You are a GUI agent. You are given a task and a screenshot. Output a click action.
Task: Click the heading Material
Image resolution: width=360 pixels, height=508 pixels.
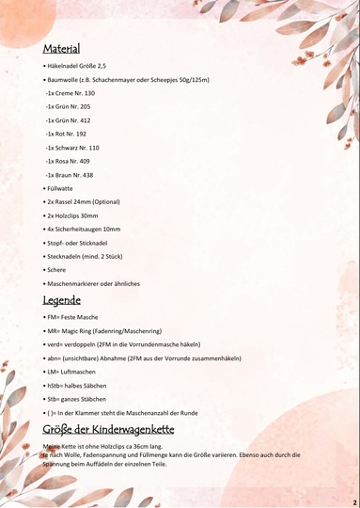click(x=61, y=48)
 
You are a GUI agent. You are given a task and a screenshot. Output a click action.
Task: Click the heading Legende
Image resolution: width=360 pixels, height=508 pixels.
click(x=61, y=301)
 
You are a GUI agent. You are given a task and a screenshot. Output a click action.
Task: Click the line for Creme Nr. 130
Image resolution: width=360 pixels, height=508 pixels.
click(x=70, y=94)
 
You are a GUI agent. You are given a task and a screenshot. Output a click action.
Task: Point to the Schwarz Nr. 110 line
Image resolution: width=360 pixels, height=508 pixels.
click(x=72, y=148)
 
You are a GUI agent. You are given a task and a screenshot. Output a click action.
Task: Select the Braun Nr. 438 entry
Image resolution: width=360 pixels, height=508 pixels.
click(x=70, y=175)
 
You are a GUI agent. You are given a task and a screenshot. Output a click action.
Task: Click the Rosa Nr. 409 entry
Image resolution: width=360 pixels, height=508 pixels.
click(x=69, y=162)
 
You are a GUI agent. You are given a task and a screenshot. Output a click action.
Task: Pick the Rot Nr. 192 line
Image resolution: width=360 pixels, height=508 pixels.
click(x=67, y=135)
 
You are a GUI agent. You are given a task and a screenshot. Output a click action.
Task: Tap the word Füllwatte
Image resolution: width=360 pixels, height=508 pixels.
click(x=61, y=189)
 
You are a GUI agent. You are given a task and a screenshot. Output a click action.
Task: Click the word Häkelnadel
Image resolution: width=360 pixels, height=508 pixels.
click(x=65, y=67)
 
